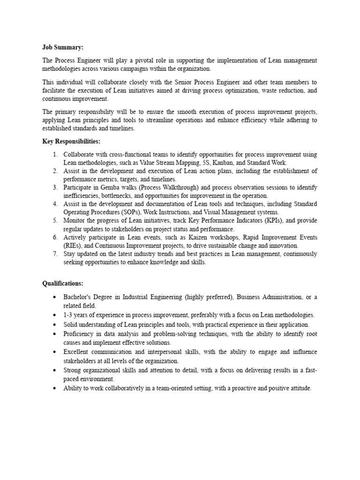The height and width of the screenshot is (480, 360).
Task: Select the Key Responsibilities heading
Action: tap(71, 141)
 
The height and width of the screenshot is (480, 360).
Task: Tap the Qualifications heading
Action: tap(62, 284)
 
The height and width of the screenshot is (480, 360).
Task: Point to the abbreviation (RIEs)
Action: tap(74, 246)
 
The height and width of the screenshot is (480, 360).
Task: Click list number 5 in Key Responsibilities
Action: tap(55, 221)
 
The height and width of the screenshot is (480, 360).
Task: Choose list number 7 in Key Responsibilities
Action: tap(55, 254)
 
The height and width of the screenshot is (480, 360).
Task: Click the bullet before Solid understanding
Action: tap(55, 324)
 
